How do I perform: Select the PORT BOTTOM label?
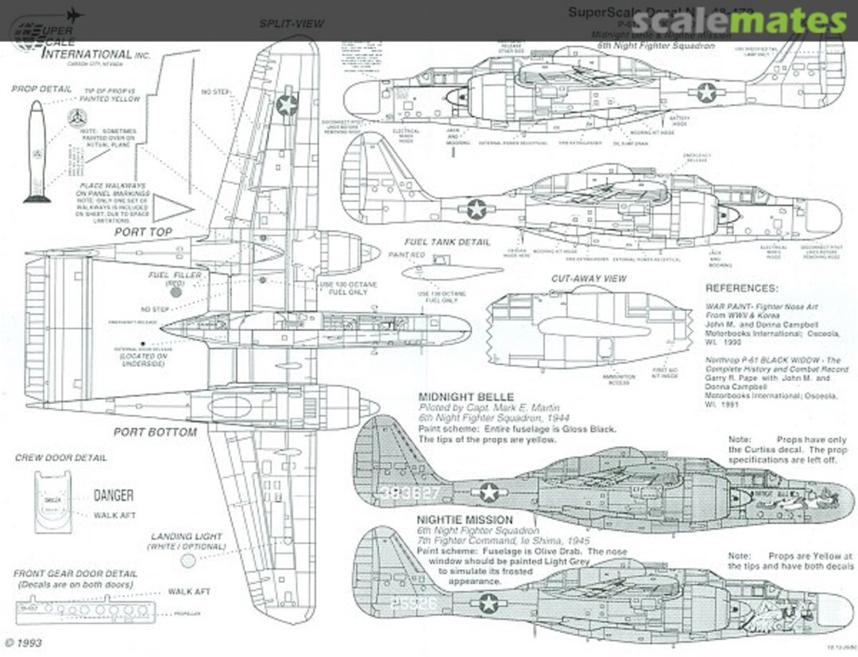[x=154, y=433]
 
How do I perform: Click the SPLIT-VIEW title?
[x=292, y=24]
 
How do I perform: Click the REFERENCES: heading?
[x=742, y=288]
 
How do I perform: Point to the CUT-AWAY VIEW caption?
[x=589, y=279]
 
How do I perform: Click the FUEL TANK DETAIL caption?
[x=447, y=242]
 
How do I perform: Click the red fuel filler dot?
[x=176, y=292]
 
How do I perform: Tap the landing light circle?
[x=188, y=561]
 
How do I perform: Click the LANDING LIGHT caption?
[x=187, y=537]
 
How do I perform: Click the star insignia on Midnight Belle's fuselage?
[x=487, y=493]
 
